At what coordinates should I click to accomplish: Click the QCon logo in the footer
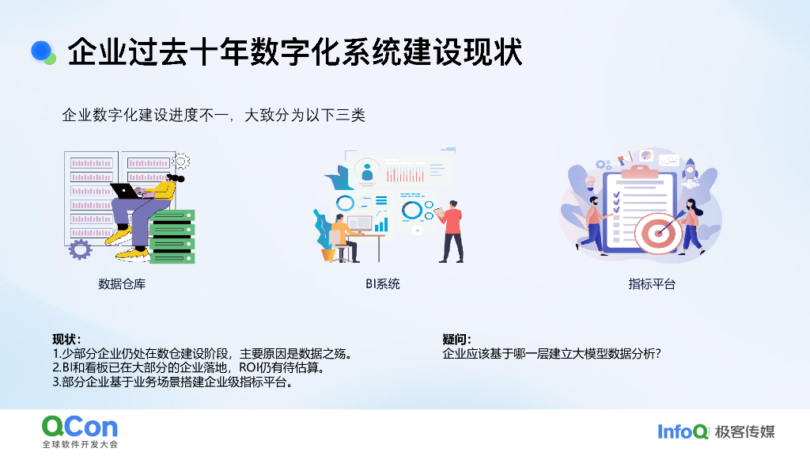click(x=79, y=427)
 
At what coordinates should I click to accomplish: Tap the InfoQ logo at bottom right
click(x=683, y=431)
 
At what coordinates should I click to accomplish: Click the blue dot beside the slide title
click(x=41, y=51)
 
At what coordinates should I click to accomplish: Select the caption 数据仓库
click(x=122, y=283)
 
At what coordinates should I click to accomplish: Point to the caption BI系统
click(x=382, y=283)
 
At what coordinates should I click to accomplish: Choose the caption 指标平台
click(x=652, y=283)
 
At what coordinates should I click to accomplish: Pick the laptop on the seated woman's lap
click(x=126, y=191)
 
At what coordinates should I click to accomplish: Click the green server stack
click(x=172, y=236)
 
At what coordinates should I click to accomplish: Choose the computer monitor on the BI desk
click(x=359, y=222)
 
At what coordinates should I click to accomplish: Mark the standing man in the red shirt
click(x=452, y=230)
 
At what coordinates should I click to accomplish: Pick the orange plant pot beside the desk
click(x=327, y=255)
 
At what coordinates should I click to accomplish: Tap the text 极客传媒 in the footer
click(x=744, y=431)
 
